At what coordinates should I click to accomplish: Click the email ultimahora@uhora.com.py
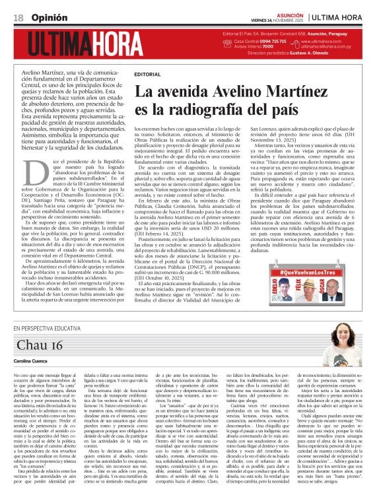326,47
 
